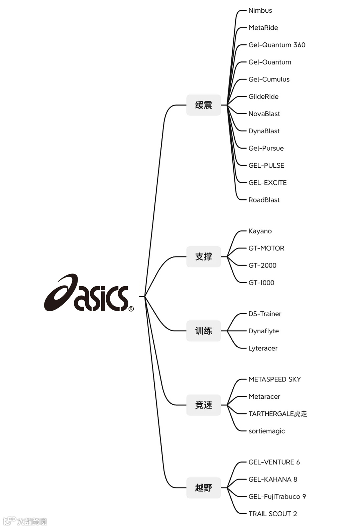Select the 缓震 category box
[x=203, y=105]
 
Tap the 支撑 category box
[x=203, y=256]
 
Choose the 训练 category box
[x=203, y=331]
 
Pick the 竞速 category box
[x=203, y=405]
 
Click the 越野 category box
[x=203, y=488]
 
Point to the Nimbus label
[x=260, y=11]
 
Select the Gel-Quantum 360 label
[x=277, y=45]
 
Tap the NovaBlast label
[x=264, y=114]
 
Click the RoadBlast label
[x=264, y=200]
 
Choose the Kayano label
[x=260, y=231]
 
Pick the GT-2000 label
[x=262, y=266]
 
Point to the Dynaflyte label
[x=263, y=331]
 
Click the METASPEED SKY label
[x=274, y=379]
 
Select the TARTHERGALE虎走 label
[x=277, y=414]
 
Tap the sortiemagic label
[x=266, y=431]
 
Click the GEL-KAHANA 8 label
[x=273, y=480]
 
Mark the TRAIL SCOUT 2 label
[x=273, y=514]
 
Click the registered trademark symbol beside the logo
[x=131, y=309]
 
